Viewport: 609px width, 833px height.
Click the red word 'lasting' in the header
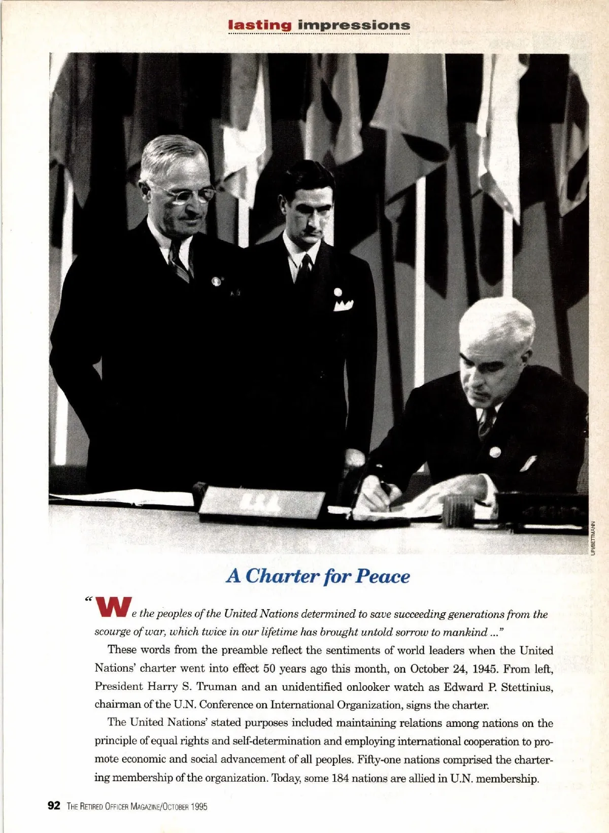pos(260,25)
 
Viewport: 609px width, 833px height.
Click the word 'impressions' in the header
pos(354,25)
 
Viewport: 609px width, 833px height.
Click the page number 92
pos(54,806)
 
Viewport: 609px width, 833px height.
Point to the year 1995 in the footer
pos(199,807)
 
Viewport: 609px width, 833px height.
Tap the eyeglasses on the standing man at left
pos(188,195)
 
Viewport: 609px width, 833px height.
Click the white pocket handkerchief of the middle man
pos(343,306)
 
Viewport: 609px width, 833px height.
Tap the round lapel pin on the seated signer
pos(495,452)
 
